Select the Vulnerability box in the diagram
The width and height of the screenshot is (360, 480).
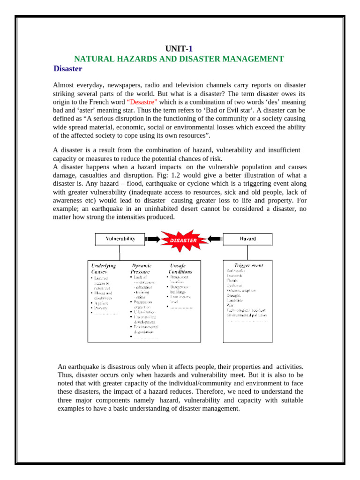(120, 239)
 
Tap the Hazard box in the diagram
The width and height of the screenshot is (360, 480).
(248, 239)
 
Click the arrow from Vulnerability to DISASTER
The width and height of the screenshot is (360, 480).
(152, 239)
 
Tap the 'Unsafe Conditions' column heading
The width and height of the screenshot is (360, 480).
(180, 268)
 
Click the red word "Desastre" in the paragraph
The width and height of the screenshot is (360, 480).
(144, 102)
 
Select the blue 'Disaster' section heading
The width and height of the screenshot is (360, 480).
(68, 69)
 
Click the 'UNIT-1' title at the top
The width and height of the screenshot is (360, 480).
(180, 49)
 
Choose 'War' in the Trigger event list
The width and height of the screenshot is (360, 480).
(230, 305)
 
